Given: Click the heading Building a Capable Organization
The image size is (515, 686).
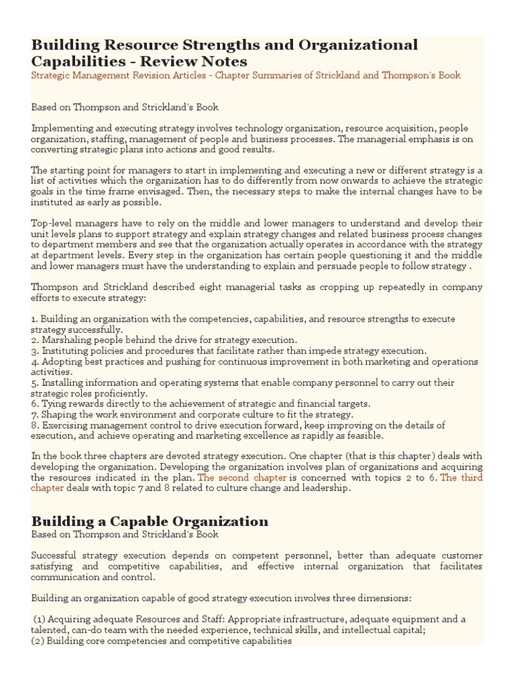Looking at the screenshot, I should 150,521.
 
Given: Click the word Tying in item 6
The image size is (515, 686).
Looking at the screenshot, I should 53,404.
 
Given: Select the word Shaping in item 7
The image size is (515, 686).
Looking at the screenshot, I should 59,415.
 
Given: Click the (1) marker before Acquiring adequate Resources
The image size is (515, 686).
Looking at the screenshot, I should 39,619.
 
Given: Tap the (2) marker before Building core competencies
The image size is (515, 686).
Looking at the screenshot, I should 38,640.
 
